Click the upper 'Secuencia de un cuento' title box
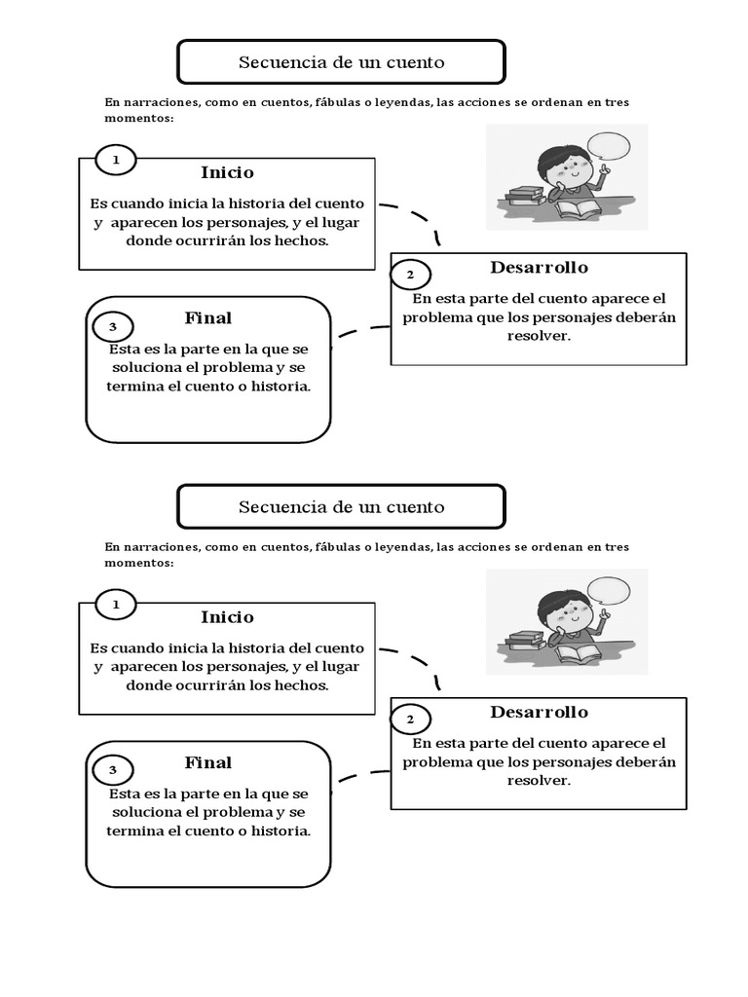341,62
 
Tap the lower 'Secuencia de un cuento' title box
341,506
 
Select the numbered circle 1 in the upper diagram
116,160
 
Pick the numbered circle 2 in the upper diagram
410,275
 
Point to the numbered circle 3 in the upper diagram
113,327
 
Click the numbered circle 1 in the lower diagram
116,605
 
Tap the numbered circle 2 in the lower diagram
410,720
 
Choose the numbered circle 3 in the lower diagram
113,771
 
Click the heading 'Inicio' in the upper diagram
227,172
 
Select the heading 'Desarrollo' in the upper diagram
539,268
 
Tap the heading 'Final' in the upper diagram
208,318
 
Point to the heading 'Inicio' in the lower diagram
227,617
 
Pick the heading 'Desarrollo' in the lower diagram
539,712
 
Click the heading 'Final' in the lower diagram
208,763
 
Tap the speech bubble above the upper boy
609,148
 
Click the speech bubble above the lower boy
609,591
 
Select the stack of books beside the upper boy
526,193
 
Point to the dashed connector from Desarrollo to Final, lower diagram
362,776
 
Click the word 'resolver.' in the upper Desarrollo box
539,336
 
